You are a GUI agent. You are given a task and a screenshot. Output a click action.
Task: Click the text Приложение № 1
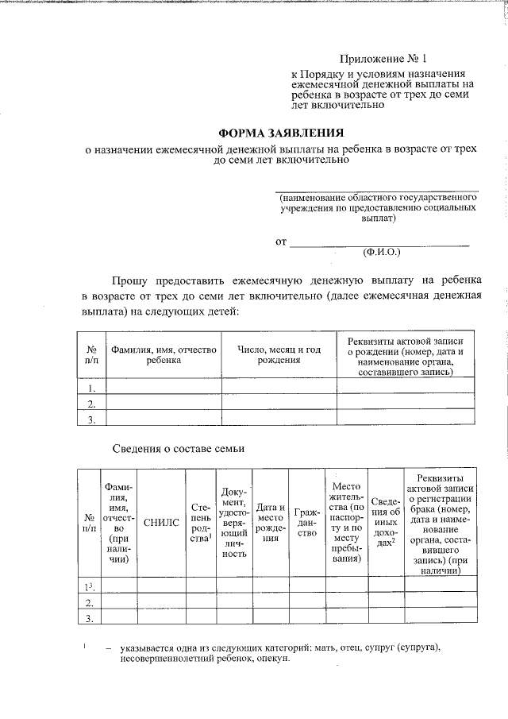383,59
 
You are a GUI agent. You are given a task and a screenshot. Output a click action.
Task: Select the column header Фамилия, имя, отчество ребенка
164,354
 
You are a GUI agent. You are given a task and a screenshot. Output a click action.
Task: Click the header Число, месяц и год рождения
279,354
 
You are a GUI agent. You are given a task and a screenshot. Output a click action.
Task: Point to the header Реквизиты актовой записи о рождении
406,354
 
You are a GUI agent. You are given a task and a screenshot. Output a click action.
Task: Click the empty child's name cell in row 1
164,388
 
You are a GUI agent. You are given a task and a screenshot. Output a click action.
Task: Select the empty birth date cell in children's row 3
279,420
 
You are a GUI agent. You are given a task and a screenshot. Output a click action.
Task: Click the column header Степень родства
201,522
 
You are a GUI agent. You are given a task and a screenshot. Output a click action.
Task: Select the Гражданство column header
306,522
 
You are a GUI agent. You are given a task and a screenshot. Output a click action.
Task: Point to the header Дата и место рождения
271,522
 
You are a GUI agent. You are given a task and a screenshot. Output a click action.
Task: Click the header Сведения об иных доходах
384,522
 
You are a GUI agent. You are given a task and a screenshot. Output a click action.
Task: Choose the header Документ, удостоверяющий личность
235,522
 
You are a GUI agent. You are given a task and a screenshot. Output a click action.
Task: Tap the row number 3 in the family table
90,619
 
